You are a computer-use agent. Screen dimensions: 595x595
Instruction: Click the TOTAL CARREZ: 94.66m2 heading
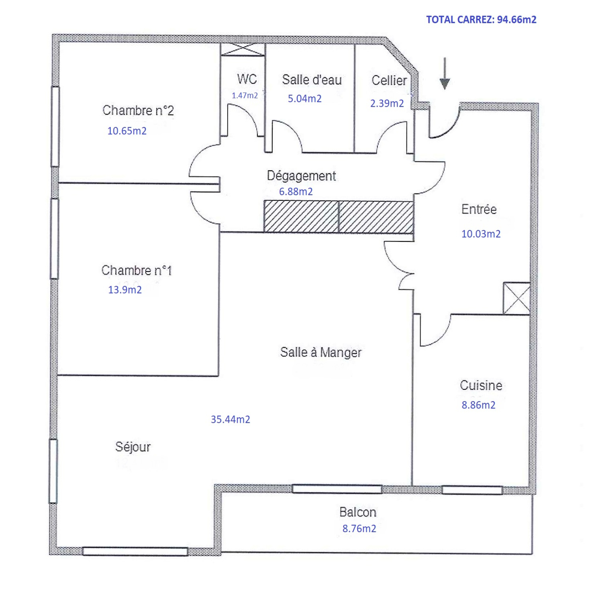point(481,20)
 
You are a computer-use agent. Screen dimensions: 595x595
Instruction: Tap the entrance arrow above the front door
point(445,73)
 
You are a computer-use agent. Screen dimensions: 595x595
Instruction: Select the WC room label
point(247,79)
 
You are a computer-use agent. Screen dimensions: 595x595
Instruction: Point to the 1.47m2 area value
point(245,96)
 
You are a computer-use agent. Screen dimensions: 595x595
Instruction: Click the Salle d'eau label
point(312,80)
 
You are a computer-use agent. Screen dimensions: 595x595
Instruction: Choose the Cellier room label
point(389,80)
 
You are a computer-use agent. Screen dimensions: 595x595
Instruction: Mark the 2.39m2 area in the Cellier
point(387,103)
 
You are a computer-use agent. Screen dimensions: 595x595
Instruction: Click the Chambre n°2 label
point(138,110)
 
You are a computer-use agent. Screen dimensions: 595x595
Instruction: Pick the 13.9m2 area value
point(125,290)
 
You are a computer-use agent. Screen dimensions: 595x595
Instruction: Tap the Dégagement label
point(301,176)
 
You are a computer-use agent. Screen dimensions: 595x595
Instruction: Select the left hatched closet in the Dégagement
point(301,216)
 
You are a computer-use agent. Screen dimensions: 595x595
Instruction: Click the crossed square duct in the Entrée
point(517,298)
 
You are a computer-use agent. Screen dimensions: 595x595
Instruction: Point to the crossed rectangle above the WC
point(243,49)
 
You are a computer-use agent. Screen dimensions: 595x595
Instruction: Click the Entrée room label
point(479,209)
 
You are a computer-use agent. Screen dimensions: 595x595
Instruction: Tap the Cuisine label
point(481,385)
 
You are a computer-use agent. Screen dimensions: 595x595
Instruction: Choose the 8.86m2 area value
point(479,405)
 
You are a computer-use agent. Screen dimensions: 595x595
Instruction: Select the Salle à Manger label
point(321,352)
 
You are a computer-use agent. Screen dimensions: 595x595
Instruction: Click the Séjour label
point(133,447)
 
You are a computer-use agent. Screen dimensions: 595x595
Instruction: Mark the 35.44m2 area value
point(231,419)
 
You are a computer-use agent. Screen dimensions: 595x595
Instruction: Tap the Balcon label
point(358,512)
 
